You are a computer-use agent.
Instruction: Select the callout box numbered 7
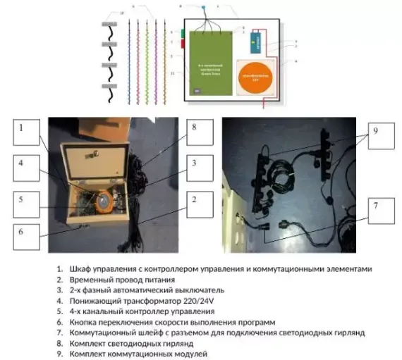pyautogui.click(x=381, y=206)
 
